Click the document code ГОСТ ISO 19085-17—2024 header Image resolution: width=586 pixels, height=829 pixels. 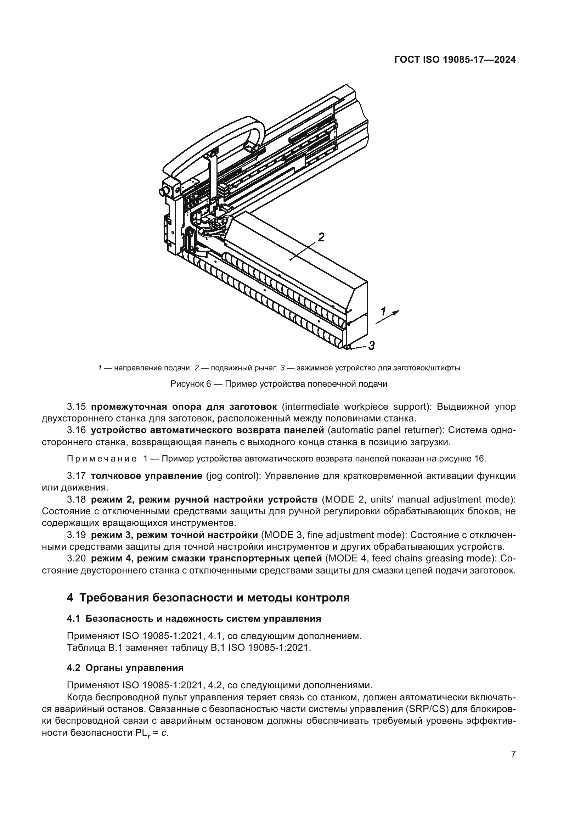coord(455,60)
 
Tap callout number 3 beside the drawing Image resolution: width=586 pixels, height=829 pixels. coord(371,346)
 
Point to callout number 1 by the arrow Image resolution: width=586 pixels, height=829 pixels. coord(383,310)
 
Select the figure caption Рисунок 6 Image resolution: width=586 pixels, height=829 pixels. coord(278,384)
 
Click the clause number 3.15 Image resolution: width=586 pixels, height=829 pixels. coord(76,407)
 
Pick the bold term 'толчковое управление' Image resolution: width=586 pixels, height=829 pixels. coord(147,476)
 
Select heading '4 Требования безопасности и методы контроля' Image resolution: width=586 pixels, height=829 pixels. coord(208,598)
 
